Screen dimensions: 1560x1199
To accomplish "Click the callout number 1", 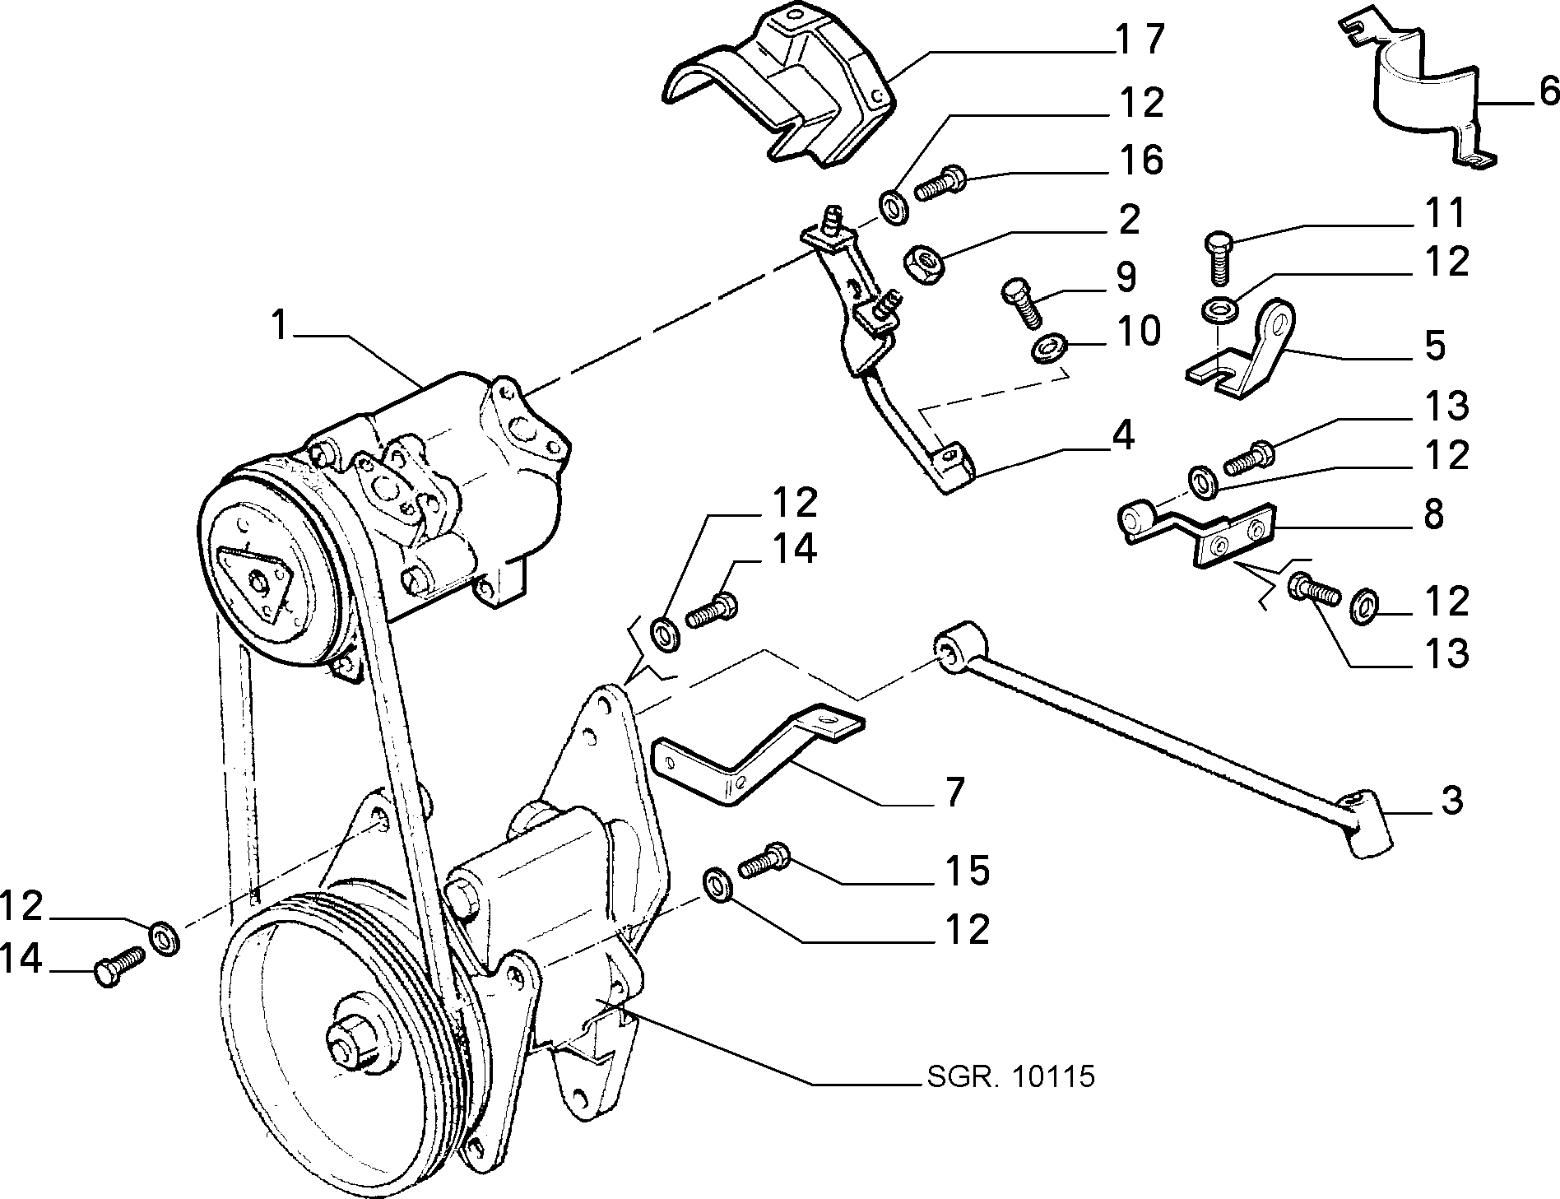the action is tap(281, 327).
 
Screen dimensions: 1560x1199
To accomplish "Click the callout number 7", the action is tap(953, 792).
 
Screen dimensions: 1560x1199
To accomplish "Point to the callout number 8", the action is tap(1433, 514).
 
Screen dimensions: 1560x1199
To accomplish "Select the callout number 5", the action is tap(1434, 346).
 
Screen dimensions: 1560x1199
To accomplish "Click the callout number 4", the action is tap(1123, 436).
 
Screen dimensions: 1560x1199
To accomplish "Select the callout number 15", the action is tap(966, 871).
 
